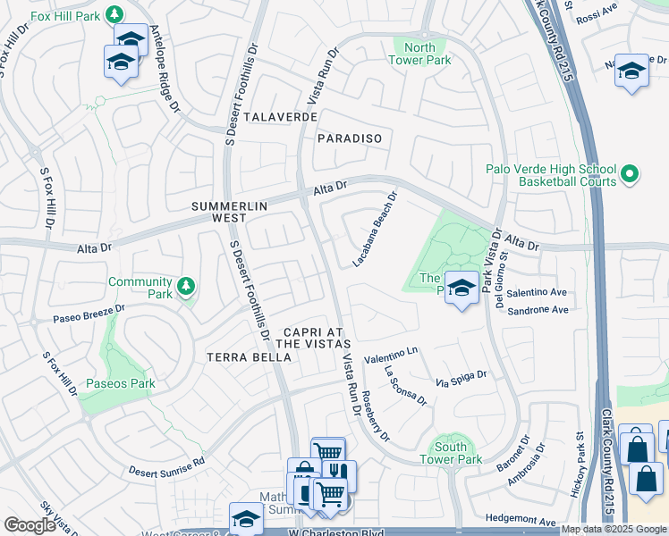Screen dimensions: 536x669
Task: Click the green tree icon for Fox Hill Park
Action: pyautogui.click(x=114, y=14)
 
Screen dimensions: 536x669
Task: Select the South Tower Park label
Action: pyautogui.click(x=451, y=453)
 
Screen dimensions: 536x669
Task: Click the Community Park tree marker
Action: pyautogui.click(x=185, y=286)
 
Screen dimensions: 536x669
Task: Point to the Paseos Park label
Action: pyautogui.click(x=120, y=384)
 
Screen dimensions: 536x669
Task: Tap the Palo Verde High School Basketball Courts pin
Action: pyautogui.click(x=630, y=174)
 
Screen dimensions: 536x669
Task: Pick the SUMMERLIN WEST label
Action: pyautogui.click(x=230, y=212)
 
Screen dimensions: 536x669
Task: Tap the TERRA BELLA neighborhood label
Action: pyautogui.click(x=249, y=357)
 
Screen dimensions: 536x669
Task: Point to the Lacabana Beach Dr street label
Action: pyautogui.click(x=375, y=230)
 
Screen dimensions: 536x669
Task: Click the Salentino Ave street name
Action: pyautogui.click(x=538, y=292)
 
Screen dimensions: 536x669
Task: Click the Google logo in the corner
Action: pyautogui.click(x=30, y=525)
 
